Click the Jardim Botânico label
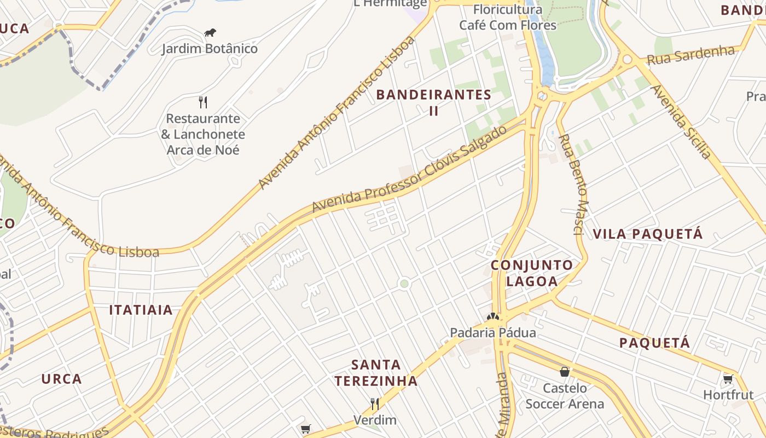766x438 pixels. tap(210, 49)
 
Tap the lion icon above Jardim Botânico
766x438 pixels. tap(210, 33)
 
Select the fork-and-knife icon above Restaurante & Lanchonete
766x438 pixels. tap(203, 102)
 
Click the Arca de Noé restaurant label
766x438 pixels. tap(203, 134)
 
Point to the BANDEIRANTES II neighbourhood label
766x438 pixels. tap(434, 102)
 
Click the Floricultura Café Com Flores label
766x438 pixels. tap(508, 18)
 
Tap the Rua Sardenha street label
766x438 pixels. tap(690, 55)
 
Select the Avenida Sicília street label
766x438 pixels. tap(682, 121)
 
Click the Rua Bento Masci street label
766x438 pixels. tap(574, 184)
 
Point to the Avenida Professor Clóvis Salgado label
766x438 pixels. tap(410, 169)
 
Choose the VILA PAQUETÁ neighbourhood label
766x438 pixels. tap(648, 234)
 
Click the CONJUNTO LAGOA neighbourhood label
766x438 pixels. tap(532, 273)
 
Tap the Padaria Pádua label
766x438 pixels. tap(493, 332)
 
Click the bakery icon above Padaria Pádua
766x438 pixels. tap(493, 316)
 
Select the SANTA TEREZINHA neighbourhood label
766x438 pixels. tap(376, 372)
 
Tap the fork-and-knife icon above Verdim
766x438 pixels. tap(375, 404)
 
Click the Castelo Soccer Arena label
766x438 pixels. tap(565, 396)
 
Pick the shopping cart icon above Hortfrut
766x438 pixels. tap(728, 379)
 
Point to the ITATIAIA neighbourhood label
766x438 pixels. tap(141, 310)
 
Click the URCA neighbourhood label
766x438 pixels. tap(61, 379)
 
